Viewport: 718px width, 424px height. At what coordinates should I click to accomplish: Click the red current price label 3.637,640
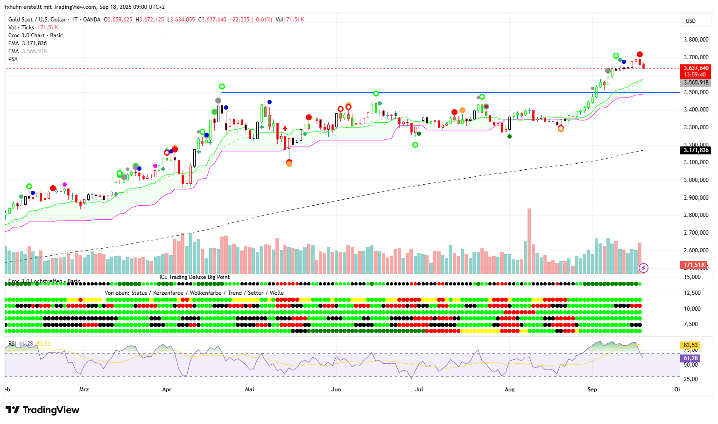(696, 68)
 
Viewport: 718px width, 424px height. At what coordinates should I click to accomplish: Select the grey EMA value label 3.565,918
(696, 83)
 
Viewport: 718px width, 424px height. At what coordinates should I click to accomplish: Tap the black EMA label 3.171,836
(696, 150)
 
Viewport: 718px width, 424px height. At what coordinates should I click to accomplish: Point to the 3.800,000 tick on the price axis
(696, 40)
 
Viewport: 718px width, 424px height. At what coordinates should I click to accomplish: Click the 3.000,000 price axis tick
(696, 180)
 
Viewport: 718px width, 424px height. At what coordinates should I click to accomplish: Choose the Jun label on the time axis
(336, 389)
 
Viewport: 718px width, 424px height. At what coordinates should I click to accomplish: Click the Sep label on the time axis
(592, 389)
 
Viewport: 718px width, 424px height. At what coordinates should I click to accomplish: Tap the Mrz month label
(84, 389)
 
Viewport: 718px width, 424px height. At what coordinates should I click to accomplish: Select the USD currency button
(690, 21)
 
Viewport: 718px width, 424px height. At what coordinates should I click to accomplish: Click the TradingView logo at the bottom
(42, 410)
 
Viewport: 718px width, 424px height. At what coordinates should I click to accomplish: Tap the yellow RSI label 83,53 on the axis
(690, 345)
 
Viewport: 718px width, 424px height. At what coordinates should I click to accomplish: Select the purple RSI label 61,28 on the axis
(690, 358)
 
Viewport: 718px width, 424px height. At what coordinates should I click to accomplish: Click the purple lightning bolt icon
(643, 268)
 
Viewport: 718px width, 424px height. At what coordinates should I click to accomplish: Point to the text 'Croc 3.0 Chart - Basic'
(35, 35)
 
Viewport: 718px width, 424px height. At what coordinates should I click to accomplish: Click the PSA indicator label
(13, 59)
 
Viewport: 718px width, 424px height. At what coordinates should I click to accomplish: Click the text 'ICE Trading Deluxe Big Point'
(195, 277)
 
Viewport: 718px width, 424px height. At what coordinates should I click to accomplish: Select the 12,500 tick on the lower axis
(693, 293)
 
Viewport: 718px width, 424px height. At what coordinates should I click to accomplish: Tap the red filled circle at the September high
(640, 55)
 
